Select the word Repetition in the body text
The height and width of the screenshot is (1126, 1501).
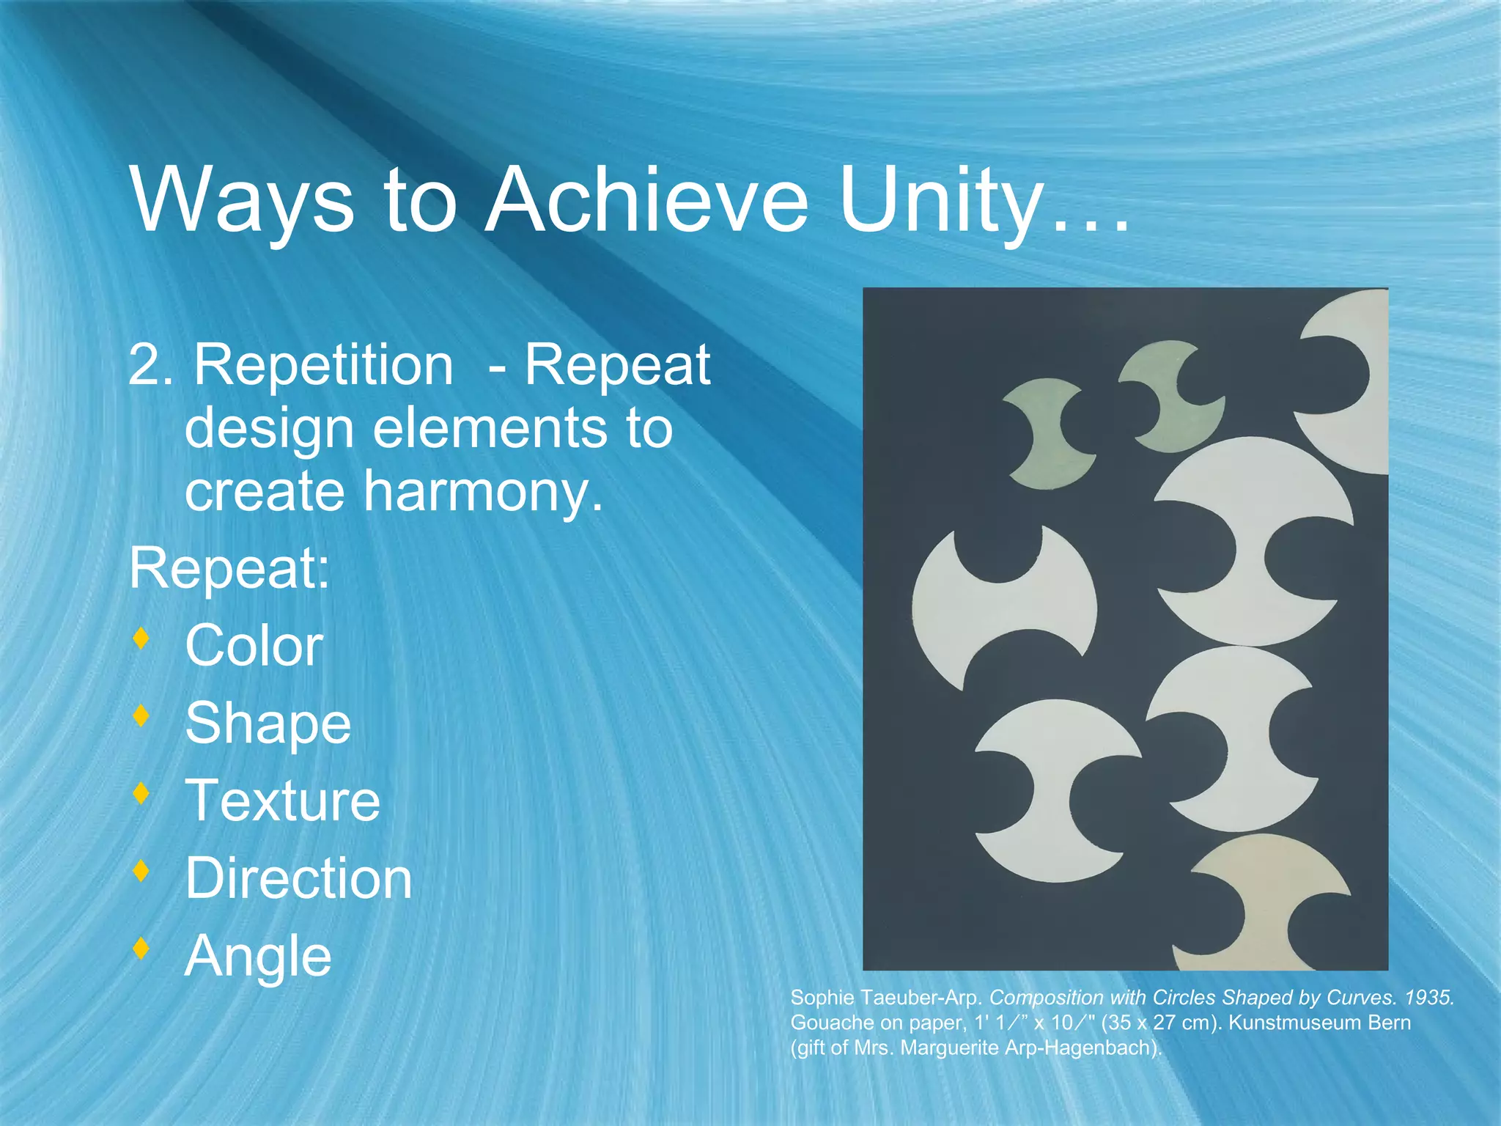pos(323,365)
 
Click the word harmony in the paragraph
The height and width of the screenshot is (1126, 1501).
pos(483,492)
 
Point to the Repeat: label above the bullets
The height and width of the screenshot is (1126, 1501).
pos(229,569)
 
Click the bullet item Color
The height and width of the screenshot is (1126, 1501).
pos(254,647)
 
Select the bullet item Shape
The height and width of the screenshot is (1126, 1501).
pos(268,724)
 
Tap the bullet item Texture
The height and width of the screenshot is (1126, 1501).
pos(283,801)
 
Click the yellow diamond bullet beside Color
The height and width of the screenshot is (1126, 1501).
pos(141,638)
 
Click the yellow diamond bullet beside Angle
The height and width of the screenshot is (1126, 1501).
pos(141,948)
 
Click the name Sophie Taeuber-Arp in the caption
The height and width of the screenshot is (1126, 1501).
pos(885,998)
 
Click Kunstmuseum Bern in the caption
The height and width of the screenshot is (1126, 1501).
pos(1319,1023)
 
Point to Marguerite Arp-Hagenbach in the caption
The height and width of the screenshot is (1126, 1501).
pos(1030,1048)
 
